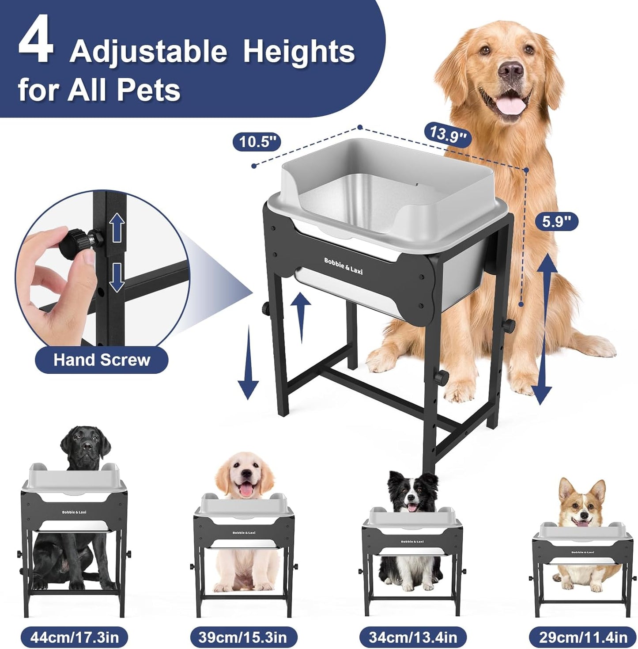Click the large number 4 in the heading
[36, 45]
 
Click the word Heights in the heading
[299, 52]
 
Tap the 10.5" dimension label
[257, 142]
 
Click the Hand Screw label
[102, 360]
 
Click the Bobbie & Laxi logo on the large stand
[343, 266]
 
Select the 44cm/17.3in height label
[74, 638]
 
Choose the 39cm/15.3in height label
[242, 638]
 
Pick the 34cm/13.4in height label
[412, 638]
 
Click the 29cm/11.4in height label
[583, 638]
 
